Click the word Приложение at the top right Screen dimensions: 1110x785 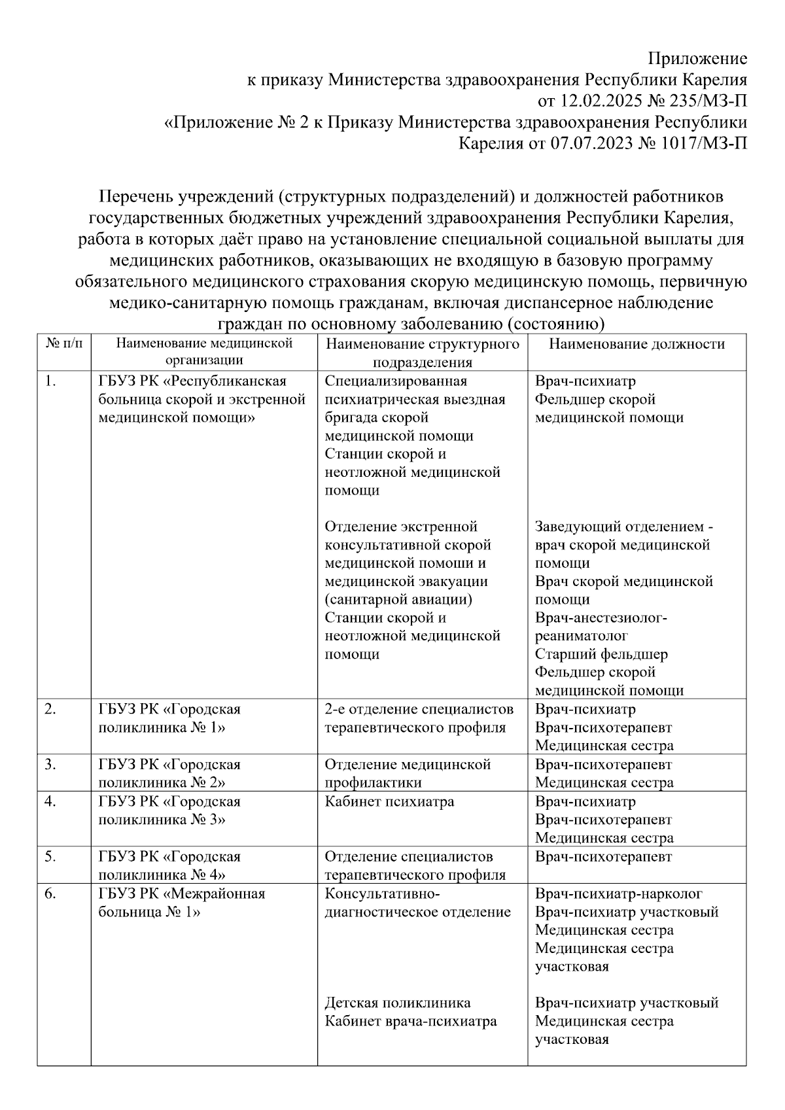[697, 59]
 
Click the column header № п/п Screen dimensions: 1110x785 [63, 343]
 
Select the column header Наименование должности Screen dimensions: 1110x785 [637, 344]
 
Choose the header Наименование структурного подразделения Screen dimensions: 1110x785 [423, 353]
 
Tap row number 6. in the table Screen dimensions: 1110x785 [50, 893]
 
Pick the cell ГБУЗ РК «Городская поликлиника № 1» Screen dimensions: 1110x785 [169, 718]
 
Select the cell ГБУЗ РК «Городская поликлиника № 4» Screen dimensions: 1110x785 [169, 865]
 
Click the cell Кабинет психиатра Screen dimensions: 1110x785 [389, 801]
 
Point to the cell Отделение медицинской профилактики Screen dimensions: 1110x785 [408, 773]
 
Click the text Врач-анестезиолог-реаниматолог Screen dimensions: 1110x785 [601, 627]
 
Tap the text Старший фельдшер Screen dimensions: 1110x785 [601, 654]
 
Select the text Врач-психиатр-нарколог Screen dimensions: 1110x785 [618, 893]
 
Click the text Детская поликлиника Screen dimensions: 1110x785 [397, 1003]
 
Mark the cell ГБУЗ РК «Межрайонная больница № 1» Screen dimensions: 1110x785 [182, 903]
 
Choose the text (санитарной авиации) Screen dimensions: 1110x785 [398, 599]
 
